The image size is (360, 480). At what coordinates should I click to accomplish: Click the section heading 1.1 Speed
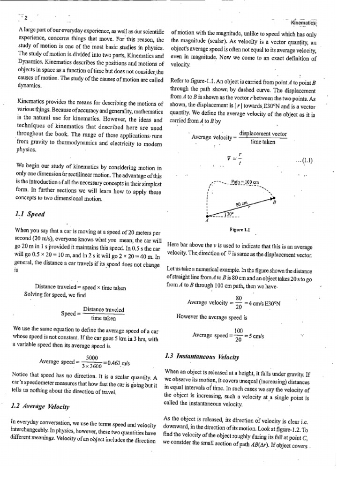pos(30,214)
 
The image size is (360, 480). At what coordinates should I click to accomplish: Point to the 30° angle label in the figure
pos(230,214)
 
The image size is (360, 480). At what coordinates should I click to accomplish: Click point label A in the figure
pos(206,222)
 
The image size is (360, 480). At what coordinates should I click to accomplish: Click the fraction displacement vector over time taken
pos(262,137)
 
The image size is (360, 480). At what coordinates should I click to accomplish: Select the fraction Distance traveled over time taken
pos(103,313)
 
